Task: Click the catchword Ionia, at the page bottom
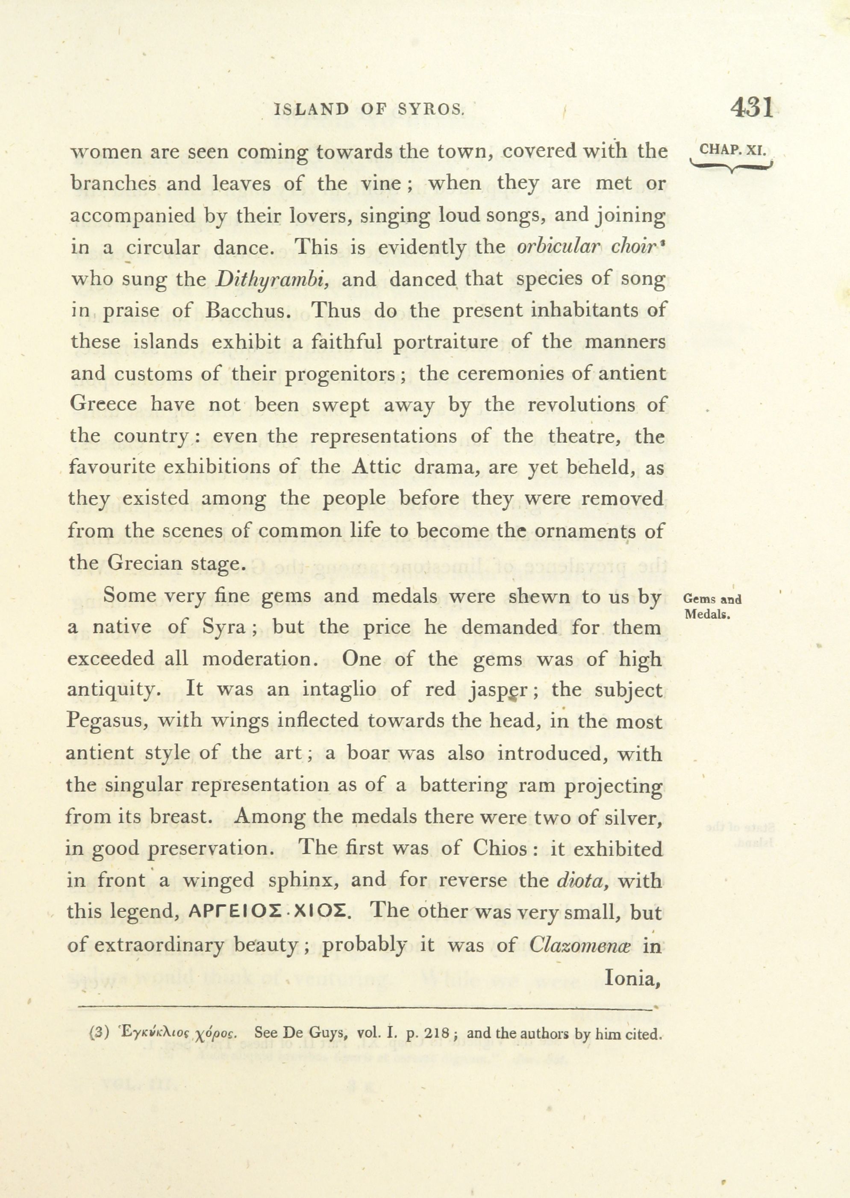[x=630, y=977]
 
